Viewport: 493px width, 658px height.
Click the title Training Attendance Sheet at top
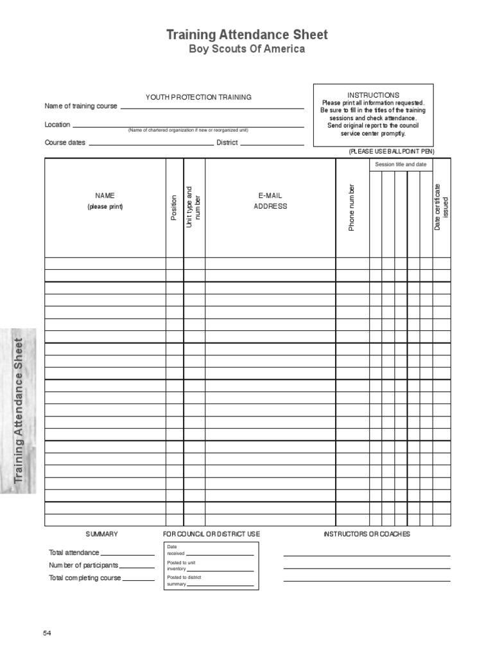(x=247, y=35)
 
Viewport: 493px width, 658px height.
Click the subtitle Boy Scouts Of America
(x=247, y=50)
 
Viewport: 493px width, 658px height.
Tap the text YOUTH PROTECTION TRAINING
(x=198, y=97)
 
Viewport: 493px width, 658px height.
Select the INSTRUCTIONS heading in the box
(x=373, y=94)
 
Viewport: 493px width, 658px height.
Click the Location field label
(x=57, y=125)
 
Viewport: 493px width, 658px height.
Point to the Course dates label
(x=65, y=143)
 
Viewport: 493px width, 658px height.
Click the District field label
(x=227, y=143)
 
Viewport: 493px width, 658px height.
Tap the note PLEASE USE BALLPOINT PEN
(x=392, y=151)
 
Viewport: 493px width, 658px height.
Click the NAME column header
(x=105, y=195)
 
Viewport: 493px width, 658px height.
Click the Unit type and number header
(x=193, y=207)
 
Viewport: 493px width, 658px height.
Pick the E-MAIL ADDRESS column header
(x=270, y=200)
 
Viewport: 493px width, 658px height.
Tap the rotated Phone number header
(x=352, y=208)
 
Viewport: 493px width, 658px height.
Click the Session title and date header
(x=401, y=164)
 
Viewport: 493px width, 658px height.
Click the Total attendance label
(x=74, y=553)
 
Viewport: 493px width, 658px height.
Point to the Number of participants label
(x=83, y=565)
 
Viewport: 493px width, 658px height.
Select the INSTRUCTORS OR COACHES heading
(x=367, y=534)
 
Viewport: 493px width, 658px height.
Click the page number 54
(x=47, y=633)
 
